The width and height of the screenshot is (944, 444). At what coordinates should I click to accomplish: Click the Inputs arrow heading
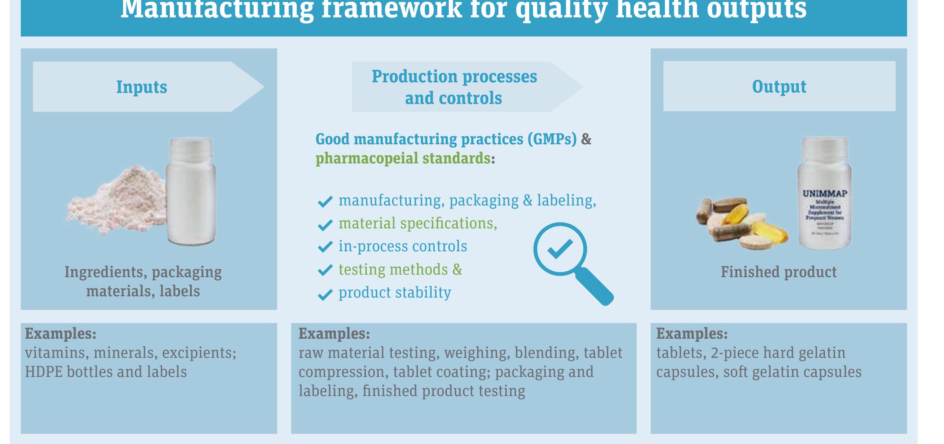[142, 87]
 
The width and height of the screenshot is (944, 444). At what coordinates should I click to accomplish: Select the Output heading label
[779, 87]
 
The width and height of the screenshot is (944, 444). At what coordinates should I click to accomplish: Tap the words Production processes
[454, 77]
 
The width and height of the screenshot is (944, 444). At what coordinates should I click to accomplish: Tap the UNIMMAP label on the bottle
[825, 194]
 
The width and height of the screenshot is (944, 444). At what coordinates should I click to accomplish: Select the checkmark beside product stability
[325, 294]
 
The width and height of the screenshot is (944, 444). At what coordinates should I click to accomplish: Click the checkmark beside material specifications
[325, 225]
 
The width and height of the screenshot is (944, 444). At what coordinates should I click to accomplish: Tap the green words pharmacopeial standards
[403, 158]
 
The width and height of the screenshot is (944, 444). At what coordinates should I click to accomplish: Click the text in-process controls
[402, 247]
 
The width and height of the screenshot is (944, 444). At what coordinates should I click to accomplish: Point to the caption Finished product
[778, 272]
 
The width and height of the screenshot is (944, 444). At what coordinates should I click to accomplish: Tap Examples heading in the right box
[692, 334]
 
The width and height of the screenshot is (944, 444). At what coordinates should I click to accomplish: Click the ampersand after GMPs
[586, 139]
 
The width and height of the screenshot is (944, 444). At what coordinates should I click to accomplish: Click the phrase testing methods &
[400, 270]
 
